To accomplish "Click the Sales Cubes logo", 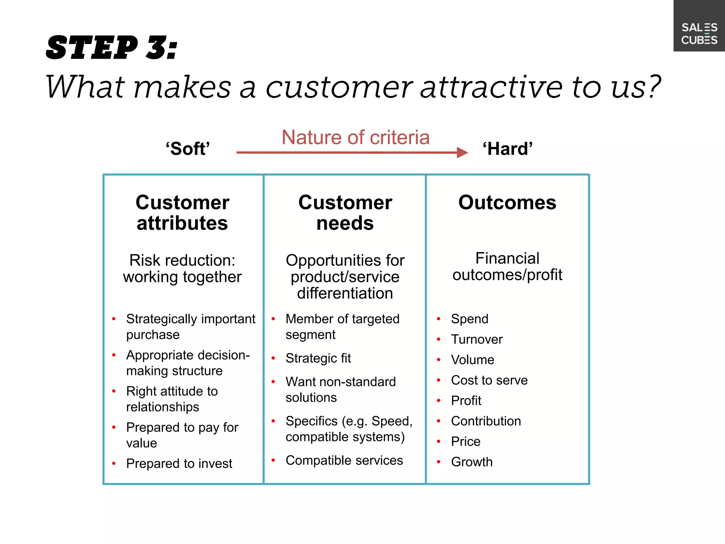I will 699,33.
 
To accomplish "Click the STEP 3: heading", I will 112,48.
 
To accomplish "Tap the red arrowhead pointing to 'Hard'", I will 462,152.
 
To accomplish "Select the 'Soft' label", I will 188,148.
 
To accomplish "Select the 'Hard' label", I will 507,148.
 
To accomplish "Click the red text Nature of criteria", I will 355,137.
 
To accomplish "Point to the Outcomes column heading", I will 507,203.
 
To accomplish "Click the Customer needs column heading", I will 345,212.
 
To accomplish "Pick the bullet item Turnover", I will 476,339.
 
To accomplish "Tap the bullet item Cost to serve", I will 489,380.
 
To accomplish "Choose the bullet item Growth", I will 472,462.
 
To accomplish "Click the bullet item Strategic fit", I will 318,358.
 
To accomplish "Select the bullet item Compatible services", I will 344,460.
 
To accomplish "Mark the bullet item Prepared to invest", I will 179,463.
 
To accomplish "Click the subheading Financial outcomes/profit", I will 507,266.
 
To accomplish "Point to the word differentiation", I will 345,293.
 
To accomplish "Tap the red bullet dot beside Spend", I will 439,319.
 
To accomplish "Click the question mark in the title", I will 651,87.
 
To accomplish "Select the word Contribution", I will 486,421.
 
